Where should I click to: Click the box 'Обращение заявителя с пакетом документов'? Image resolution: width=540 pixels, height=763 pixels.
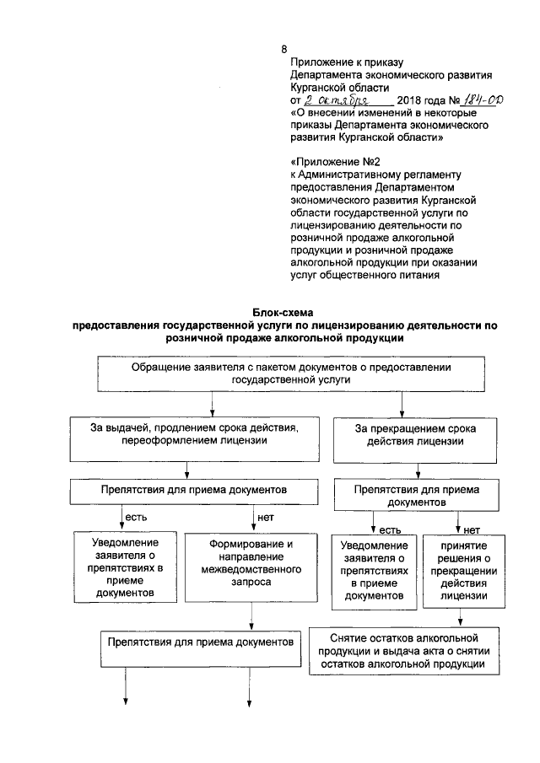tap(291, 374)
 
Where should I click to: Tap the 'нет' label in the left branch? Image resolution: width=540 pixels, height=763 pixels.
tap(264, 516)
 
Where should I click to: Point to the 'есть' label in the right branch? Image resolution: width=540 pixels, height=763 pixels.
tap(389, 529)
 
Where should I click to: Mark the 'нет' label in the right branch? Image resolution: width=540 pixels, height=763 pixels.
tap(472, 529)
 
